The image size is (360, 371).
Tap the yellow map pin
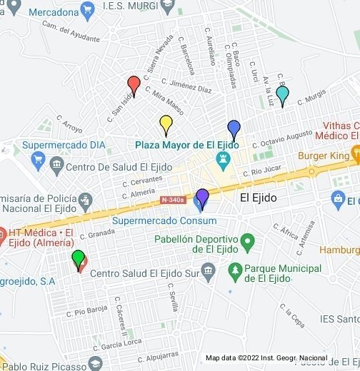click(166, 123)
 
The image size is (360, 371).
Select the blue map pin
click(234, 129)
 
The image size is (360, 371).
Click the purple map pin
click(202, 197)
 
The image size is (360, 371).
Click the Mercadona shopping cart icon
click(88, 11)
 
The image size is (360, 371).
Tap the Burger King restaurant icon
click(355, 154)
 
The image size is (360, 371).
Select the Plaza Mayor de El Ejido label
click(187, 145)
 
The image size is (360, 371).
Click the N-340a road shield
click(172, 200)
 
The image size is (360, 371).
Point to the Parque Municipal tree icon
click(235, 271)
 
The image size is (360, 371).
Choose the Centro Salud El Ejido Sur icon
click(209, 272)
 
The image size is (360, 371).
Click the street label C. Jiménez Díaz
click(186, 87)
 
